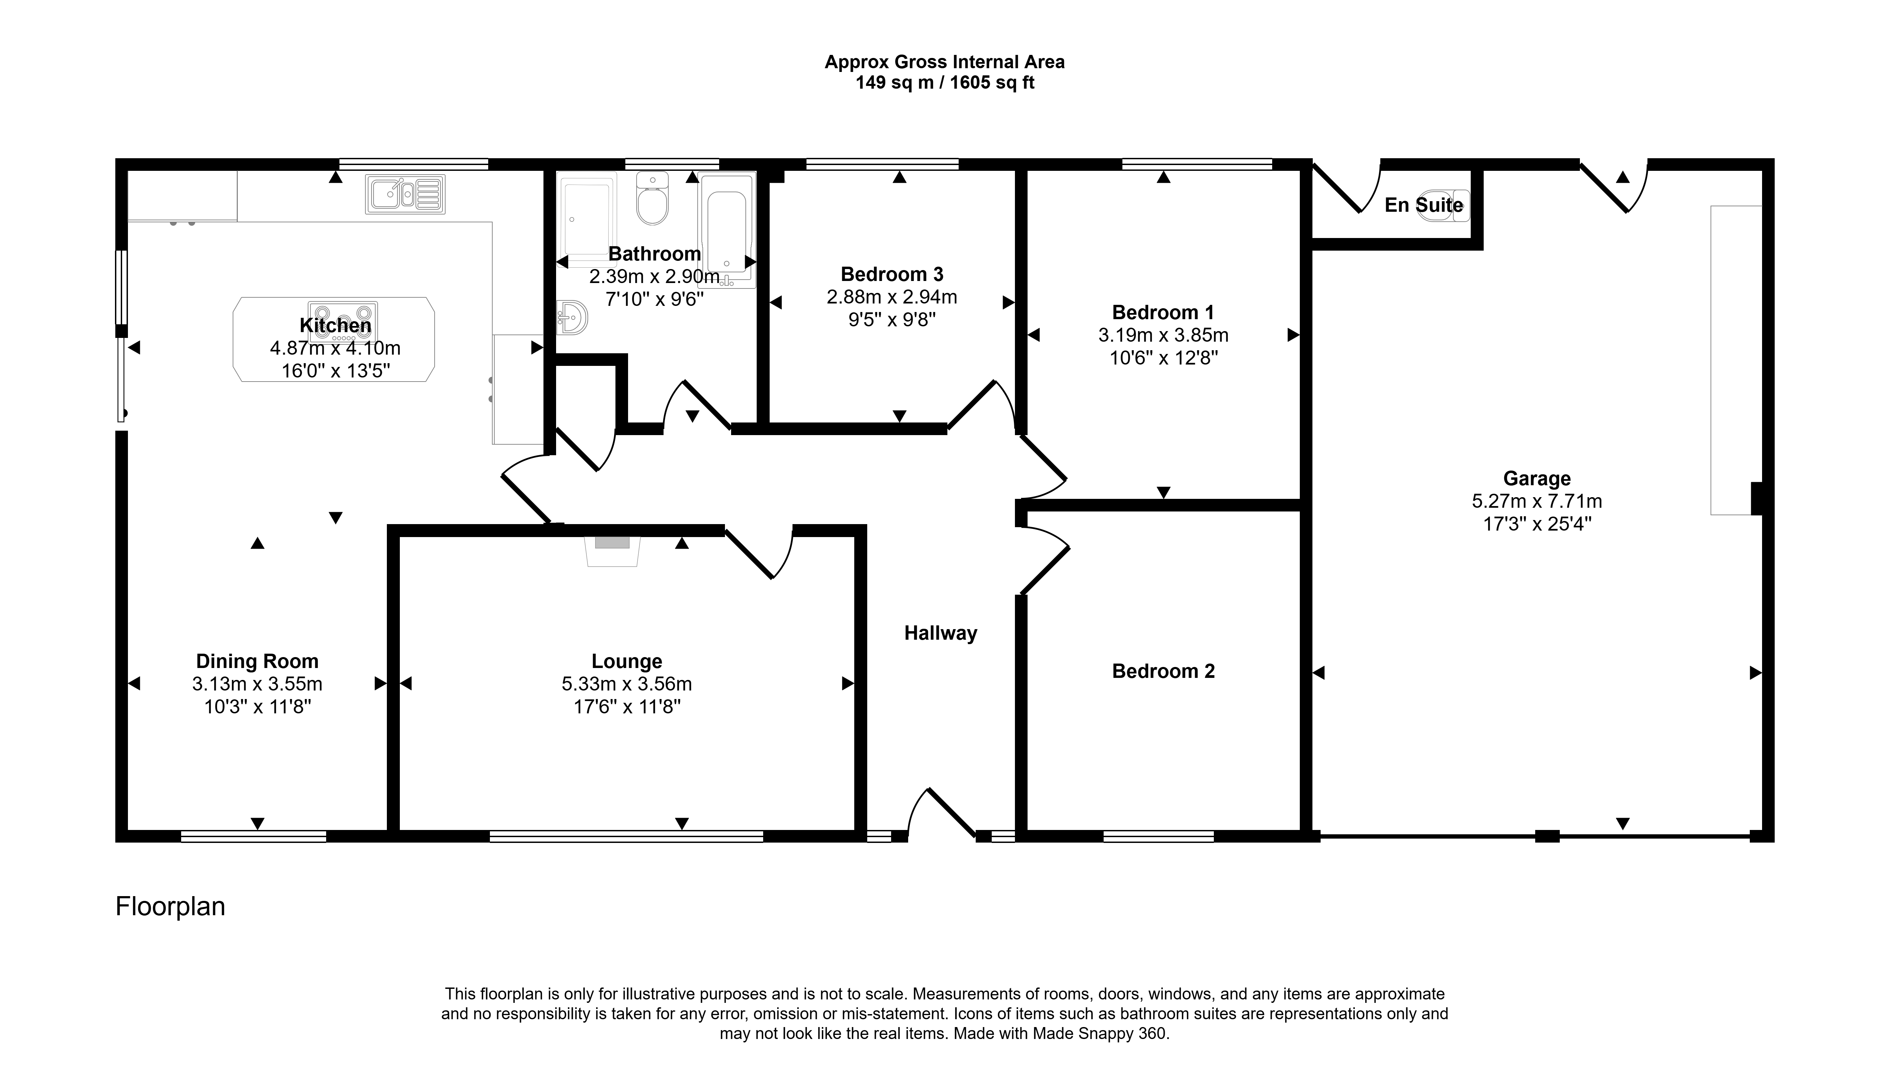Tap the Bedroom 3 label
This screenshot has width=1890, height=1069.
pos(892,274)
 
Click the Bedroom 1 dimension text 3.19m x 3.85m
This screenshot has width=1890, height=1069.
pos(1163,336)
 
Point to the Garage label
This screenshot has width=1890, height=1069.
pos(1537,479)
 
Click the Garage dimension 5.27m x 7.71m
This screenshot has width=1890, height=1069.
pos(1537,502)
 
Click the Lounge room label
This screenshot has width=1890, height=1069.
pos(627,662)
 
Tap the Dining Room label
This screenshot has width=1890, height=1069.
pos(257,662)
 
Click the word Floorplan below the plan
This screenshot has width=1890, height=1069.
pos(171,907)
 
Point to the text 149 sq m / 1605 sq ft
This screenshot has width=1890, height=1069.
pos(945,83)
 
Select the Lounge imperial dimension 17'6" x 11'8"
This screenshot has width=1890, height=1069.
pos(627,707)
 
